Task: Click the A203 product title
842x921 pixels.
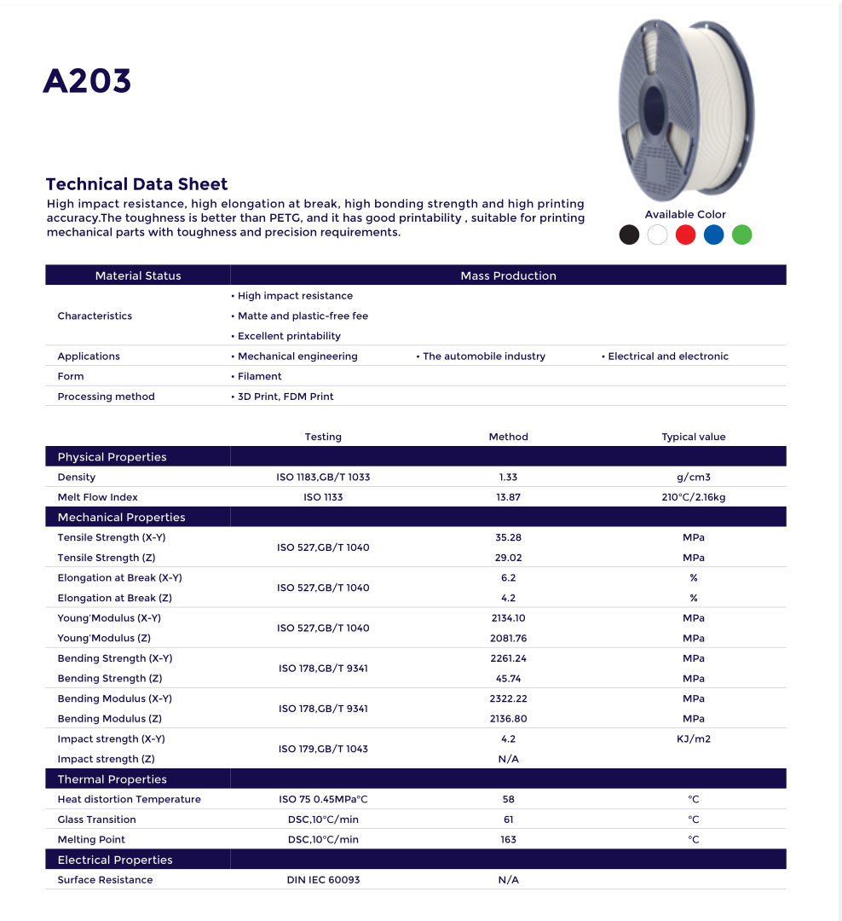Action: click(x=87, y=81)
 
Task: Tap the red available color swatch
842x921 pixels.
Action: click(x=685, y=235)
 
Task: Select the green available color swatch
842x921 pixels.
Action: click(x=741, y=235)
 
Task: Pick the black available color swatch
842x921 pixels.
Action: click(x=629, y=235)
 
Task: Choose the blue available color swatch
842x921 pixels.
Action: click(x=713, y=235)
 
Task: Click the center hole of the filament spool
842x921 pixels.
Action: click(x=654, y=108)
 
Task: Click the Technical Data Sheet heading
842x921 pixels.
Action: click(x=136, y=184)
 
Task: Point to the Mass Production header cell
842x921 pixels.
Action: click(x=508, y=275)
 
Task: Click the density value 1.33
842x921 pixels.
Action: click(x=508, y=477)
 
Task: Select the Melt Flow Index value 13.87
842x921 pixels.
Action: click(x=508, y=497)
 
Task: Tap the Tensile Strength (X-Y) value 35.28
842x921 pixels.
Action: click(x=508, y=537)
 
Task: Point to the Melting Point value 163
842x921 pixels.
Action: click(x=508, y=840)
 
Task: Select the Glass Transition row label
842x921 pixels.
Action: click(x=96, y=820)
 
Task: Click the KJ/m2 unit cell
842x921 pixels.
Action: click(x=693, y=739)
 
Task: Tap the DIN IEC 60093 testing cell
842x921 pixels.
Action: click(x=323, y=880)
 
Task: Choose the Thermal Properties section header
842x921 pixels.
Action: click(x=112, y=779)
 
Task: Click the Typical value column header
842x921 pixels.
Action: click(x=693, y=437)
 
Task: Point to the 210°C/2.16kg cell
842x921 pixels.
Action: click(x=693, y=497)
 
